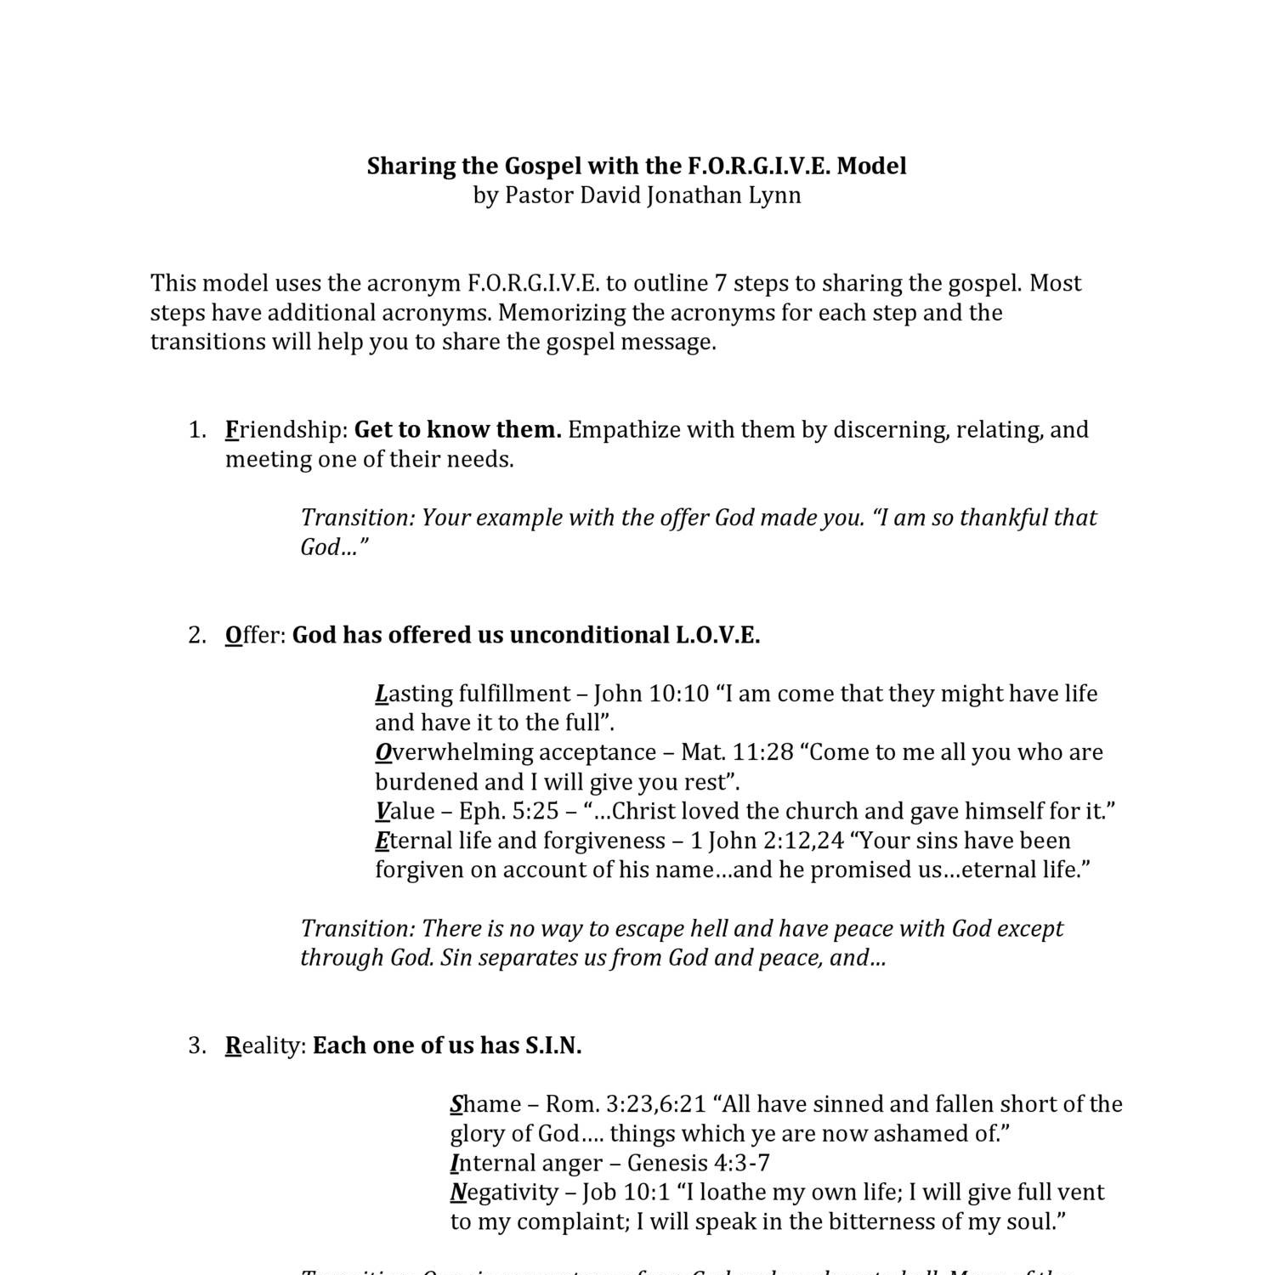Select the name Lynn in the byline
click(x=774, y=195)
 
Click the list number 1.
click(x=196, y=430)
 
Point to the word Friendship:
click(x=287, y=430)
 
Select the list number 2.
click(x=196, y=636)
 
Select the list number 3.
click(x=196, y=1046)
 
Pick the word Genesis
click(x=666, y=1164)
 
